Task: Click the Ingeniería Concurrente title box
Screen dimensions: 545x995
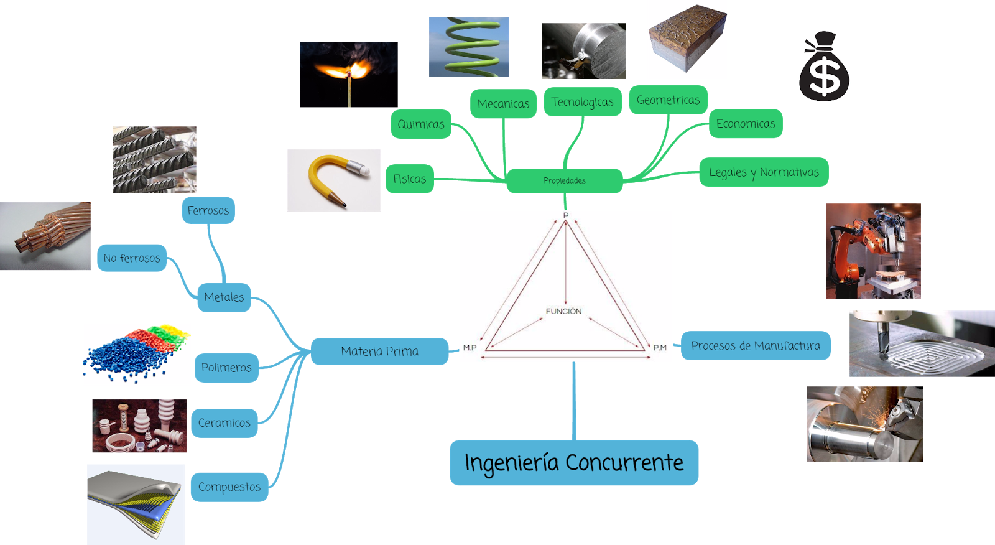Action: pyautogui.click(x=573, y=463)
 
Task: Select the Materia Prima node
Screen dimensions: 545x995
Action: pyautogui.click(x=379, y=352)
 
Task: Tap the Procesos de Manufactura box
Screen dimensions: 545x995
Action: pyautogui.click(x=756, y=346)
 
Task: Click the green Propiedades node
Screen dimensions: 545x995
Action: pyautogui.click(x=564, y=181)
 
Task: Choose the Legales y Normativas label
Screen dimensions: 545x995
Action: pyautogui.click(x=764, y=172)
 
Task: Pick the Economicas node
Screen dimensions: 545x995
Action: pyautogui.click(x=746, y=124)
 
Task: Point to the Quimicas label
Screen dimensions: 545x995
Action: pyautogui.click(x=421, y=124)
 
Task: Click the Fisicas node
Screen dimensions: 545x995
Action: pyautogui.click(x=409, y=179)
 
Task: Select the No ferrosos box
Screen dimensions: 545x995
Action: pyautogui.click(x=132, y=258)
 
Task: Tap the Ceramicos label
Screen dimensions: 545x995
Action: pyautogui.click(x=224, y=423)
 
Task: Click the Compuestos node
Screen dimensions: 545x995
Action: pyautogui.click(x=229, y=487)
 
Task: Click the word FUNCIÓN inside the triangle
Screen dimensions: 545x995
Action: pyautogui.click(x=563, y=311)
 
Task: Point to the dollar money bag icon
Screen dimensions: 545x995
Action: pyautogui.click(x=823, y=67)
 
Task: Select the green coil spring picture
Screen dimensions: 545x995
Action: pyautogui.click(x=469, y=47)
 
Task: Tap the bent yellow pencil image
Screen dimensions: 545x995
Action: pyautogui.click(x=333, y=180)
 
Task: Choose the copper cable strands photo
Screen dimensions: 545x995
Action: pyautogui.click(x=45, y=236)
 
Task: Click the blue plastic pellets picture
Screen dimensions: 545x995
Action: pyautogui.click(x=136, y=354)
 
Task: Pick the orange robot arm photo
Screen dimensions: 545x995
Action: pyautogui.click(x=872, y=251)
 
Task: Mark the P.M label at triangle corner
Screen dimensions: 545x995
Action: pyautogui.click(x=660, y=348)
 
